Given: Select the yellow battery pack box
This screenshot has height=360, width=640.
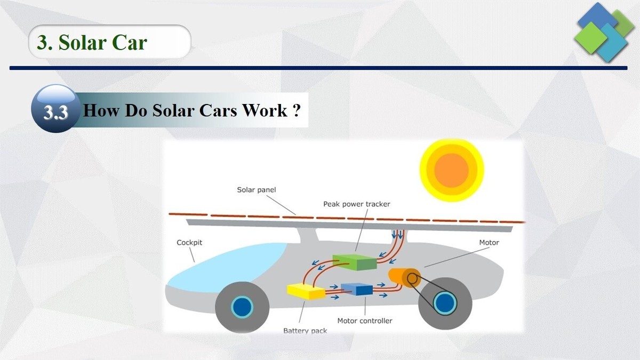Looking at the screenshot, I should tap(306, 291).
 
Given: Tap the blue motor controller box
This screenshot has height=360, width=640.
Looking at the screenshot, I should tap(357, 289).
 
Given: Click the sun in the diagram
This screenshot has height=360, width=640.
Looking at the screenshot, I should tap(451, 171).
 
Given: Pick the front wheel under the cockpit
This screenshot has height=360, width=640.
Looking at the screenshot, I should tap(242, 306).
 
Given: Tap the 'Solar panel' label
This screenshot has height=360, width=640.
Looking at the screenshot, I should tap(257, 190).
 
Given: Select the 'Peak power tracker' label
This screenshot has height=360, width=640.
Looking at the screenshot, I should tap(357, 204).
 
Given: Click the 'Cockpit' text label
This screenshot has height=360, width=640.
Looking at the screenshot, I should tap(189, 243).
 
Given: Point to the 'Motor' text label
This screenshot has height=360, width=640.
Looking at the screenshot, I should tap(489, 243).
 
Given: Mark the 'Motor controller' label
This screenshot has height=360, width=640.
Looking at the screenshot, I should tap(365, 321).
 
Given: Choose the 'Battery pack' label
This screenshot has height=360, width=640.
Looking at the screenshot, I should tap(305, 331).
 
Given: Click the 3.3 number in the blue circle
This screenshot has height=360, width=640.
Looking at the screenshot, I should tap(55, 113).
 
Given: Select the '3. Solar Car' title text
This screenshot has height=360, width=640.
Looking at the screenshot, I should tap(92, 42).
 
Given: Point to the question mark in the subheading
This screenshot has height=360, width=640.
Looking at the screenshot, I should tap(297, 111).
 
